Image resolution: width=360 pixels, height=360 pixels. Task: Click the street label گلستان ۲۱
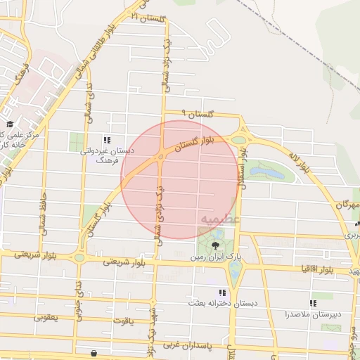pyautogui.click(x=148, y=17)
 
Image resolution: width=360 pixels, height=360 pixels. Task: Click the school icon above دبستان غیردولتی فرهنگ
pyautogui.click(x=108, y=139)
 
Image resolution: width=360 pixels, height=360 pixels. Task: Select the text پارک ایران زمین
pyautogui.click(x=209, y=258)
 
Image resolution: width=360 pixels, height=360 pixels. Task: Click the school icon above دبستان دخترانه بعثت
pyautogui.click(x=223, y=292)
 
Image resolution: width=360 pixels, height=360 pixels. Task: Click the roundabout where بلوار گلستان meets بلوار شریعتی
pyautogui.click(x=79, y=258)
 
